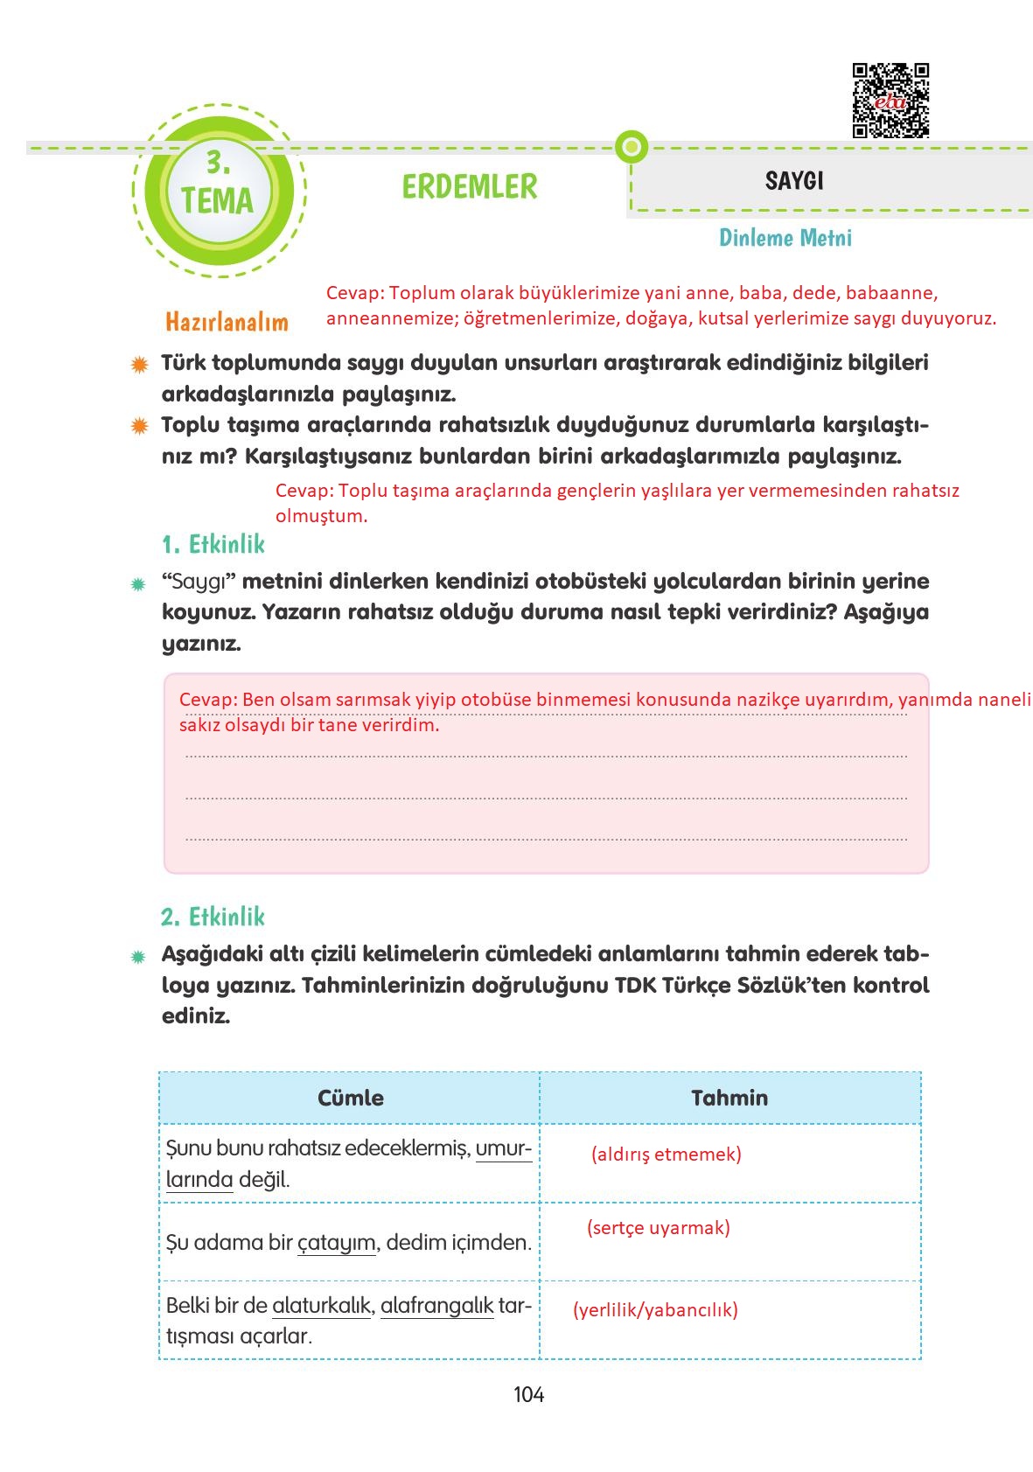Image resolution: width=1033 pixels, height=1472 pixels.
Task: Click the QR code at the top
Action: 890,101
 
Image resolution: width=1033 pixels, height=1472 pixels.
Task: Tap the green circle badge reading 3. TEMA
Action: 218,191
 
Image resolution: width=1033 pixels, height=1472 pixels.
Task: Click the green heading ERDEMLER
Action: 470,186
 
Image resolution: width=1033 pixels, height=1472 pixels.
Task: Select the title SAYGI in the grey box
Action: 794,181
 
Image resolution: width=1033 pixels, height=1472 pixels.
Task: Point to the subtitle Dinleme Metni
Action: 785,238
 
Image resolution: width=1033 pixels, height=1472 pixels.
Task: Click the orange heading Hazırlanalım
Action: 227,322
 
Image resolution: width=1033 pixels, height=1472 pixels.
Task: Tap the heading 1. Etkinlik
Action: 213,544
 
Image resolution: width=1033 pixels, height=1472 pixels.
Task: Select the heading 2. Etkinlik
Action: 213,917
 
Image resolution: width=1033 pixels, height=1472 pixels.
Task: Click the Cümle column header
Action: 350,1098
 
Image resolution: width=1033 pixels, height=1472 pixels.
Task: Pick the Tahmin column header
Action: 729,1098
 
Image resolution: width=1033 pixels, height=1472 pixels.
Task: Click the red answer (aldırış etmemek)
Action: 666,1154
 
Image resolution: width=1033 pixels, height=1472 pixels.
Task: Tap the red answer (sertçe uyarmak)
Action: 658,1227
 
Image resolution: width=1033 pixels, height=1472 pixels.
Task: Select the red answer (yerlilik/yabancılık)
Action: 655,1309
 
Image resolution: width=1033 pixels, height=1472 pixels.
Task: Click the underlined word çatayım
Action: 337,1243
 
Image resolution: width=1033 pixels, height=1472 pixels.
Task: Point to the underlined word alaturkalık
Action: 322,1306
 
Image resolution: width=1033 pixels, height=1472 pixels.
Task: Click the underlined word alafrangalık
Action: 436,1306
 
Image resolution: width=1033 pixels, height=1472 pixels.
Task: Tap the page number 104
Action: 528,1395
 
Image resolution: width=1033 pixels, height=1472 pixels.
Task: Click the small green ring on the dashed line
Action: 631,147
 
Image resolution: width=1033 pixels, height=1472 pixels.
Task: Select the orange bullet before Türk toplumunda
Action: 138,364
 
